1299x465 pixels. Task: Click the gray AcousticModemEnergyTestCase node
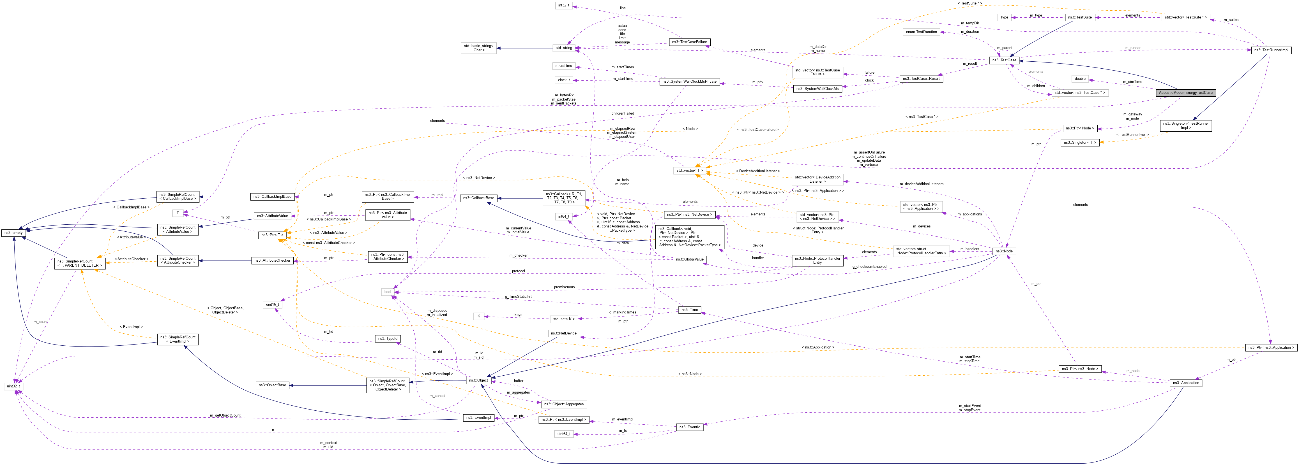1185,93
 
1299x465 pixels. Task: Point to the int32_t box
563,6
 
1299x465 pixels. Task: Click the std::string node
563,48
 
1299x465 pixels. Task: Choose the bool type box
387,292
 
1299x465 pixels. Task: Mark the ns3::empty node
14,233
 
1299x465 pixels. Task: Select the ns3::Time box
689,310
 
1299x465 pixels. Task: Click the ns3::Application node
1185,383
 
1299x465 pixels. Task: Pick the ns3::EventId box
689,427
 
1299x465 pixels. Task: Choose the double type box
1080,79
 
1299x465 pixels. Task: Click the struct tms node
563,66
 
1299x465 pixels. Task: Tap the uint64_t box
563,434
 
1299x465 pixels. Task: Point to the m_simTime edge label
1132,82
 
